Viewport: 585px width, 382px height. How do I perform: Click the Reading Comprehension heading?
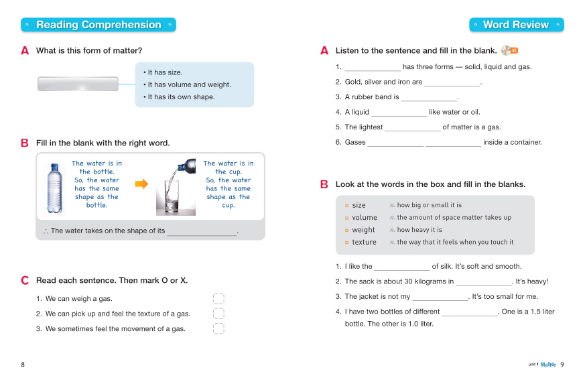coord(99,25)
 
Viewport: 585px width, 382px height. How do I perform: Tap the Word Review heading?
coord(515,25)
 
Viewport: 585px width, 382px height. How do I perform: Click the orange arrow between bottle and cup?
coord(141,184)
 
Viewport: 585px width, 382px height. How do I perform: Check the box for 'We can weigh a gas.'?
coord(218,299)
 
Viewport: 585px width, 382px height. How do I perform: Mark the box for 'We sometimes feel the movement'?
coord(218,328)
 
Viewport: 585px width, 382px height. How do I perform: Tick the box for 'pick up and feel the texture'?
coord(218,314)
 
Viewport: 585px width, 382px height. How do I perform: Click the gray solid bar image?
coord(78,84)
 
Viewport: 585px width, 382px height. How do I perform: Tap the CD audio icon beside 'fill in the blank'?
coord(509,50)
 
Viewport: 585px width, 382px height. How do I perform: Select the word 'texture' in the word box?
coord(364,242)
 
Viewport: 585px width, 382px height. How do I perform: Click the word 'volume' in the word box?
coord(365,218)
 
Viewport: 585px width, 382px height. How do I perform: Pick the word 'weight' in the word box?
coord(363,230)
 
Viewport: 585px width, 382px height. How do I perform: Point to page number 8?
coord(23,365)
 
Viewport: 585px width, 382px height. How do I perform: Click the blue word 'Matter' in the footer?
coord(549,365)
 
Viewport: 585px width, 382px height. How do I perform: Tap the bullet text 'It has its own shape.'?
coord(182,97)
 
